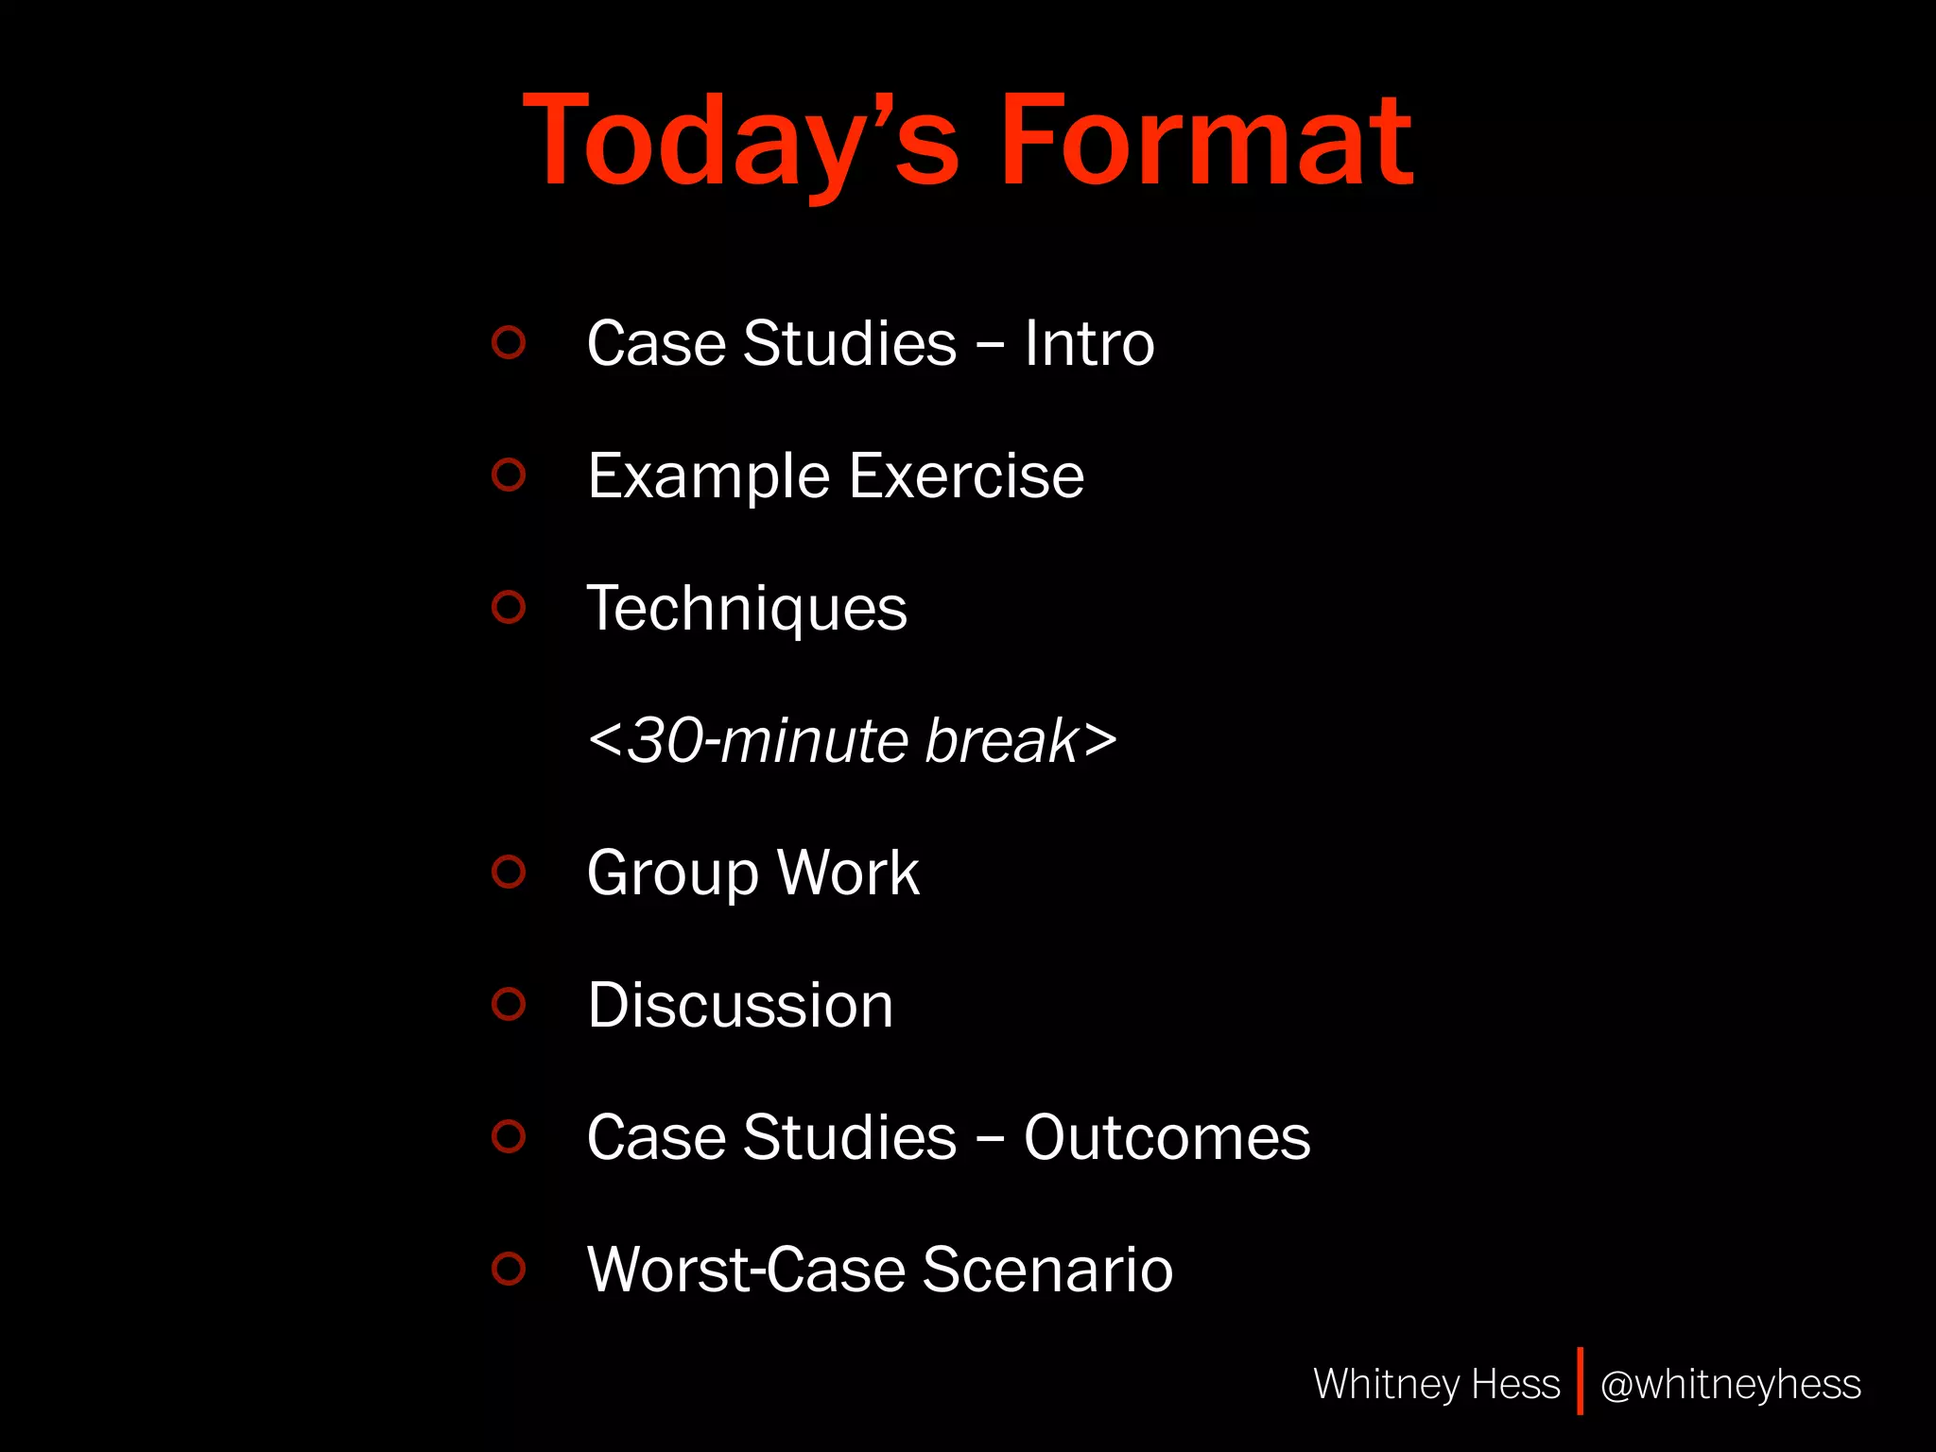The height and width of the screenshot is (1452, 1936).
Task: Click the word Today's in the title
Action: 741,142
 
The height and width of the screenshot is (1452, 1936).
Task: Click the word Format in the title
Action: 1205,142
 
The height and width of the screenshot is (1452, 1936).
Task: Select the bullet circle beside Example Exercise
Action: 509,474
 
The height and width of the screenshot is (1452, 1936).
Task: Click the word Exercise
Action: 966,475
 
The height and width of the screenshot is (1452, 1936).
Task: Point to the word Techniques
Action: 747,609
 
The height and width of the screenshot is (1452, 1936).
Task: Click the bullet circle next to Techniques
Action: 509,606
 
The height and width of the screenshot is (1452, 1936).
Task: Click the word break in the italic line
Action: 1001,740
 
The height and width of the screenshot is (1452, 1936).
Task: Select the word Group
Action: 672,873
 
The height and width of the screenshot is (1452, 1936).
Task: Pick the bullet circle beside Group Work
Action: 509,871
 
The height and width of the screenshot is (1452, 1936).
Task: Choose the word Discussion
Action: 740,1005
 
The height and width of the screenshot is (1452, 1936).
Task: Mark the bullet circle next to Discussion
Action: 509,1003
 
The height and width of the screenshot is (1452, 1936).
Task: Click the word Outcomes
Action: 1167,1137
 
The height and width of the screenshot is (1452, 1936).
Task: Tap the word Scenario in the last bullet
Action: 1047,1270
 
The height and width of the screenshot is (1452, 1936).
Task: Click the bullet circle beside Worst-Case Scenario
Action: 509,1268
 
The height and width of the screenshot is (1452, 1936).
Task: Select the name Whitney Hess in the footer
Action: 1436,1384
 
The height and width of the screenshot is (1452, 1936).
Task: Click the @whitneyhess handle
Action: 1730,1385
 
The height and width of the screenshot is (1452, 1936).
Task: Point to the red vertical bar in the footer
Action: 1580,1381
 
